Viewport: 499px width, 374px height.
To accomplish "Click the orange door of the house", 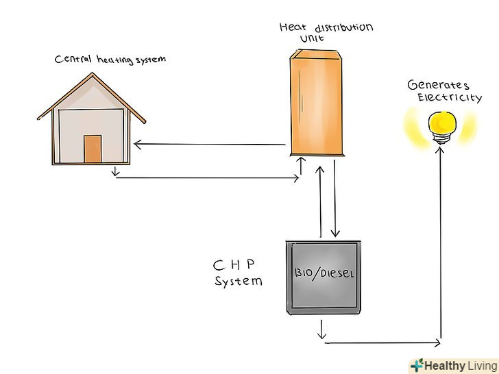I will [93, 149].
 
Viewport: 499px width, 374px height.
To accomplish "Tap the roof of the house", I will [91, 92].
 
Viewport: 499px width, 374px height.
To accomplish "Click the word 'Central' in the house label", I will [70, 60].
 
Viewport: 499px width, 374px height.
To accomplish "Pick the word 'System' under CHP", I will [238, 281].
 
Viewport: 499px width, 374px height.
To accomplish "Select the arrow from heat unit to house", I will [209, 145].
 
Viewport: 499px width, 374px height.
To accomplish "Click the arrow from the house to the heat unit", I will [206, 178].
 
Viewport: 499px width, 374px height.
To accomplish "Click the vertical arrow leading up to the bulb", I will [440, 240].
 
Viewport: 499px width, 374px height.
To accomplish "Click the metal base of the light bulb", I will [440, 138].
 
